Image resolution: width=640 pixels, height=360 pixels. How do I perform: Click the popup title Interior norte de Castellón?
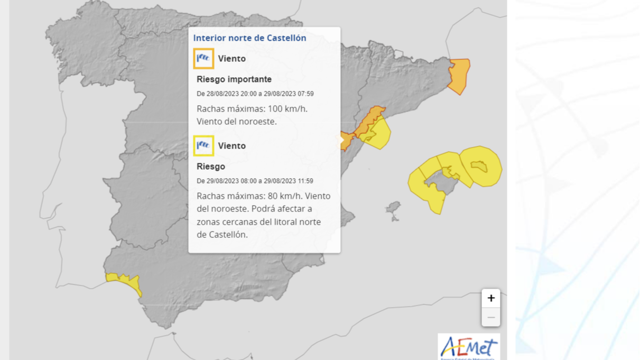[x=249, y=38]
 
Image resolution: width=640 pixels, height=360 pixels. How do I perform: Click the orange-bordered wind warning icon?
[x=203, y=59]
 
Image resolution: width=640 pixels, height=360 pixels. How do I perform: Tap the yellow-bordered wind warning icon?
[x=203, y=146]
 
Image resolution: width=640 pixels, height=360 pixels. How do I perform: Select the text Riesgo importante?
[x=234, y=79]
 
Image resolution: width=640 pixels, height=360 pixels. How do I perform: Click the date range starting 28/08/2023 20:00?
[x=255, y=94]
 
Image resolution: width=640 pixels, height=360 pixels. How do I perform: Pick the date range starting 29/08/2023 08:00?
[x=255, y=181]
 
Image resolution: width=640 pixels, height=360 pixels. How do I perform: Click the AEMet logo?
[x=469, y=347]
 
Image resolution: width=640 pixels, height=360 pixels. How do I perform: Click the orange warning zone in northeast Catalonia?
[x=459, y=76]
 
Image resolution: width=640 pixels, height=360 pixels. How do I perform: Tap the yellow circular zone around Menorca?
[x=481, y=167]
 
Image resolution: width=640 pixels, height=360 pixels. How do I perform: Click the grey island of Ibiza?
[x=393, y=210]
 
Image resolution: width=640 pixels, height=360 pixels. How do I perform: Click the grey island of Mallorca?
[x=442, y=183]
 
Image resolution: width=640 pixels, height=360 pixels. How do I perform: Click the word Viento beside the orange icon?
[x=232, y=59]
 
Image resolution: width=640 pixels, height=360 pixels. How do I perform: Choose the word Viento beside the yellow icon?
[x=232, y=146]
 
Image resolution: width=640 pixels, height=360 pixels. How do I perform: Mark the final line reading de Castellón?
[x=222, y=235]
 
